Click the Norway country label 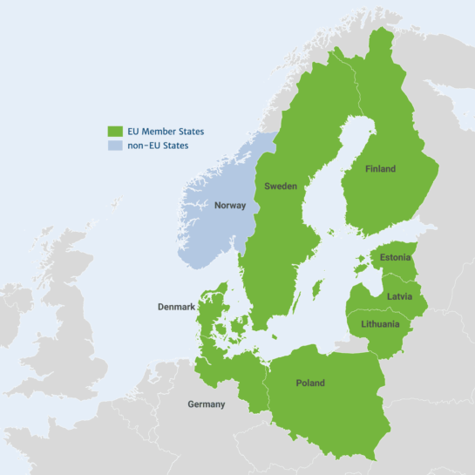[230, 206]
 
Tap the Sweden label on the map [281, 187]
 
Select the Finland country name [380, 169]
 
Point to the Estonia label [395, 257]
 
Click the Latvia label [400, 296]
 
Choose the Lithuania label [380, 324]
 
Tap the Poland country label [310, 383]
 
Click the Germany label [207, 404]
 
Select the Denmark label [176, 307]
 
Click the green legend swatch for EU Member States [114, 131]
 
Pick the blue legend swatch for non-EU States [114, 146]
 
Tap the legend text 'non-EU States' [159, 146]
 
